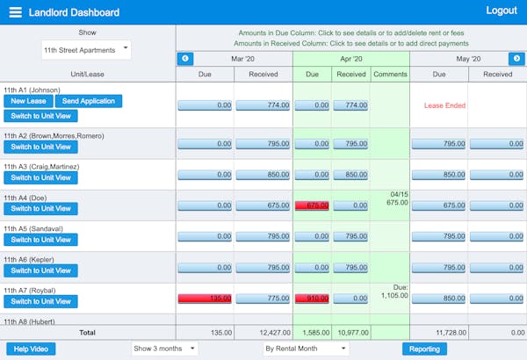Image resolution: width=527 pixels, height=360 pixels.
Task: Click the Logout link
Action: [x=502, y=11]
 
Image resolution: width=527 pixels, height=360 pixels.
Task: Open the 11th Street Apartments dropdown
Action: [x=86, y=50]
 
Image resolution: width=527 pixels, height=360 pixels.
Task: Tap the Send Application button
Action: [x=89, y=101]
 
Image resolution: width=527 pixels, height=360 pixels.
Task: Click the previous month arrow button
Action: [x=185, y=59]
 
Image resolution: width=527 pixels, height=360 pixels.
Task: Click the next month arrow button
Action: [x=517, y=59]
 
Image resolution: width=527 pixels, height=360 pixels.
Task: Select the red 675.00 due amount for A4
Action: [x=312, y=205]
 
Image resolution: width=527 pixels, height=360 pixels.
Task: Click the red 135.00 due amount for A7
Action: [x=206, y=299]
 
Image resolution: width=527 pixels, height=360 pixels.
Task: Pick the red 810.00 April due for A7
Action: [x=312, y=299]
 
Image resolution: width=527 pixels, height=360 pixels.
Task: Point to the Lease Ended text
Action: [x=444, y=105]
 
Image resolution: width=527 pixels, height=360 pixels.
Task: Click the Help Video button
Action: [x=31, y=349]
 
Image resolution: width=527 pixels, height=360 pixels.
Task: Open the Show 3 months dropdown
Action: [x=165, y=349]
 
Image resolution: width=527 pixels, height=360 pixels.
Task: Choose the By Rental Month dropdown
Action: [x=305, y=349]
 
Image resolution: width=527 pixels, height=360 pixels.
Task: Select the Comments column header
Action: [x=389, y=75]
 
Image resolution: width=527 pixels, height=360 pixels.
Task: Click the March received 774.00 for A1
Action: [x=263, y=105]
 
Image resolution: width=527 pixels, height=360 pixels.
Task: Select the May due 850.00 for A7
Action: [x=438, y=299]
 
